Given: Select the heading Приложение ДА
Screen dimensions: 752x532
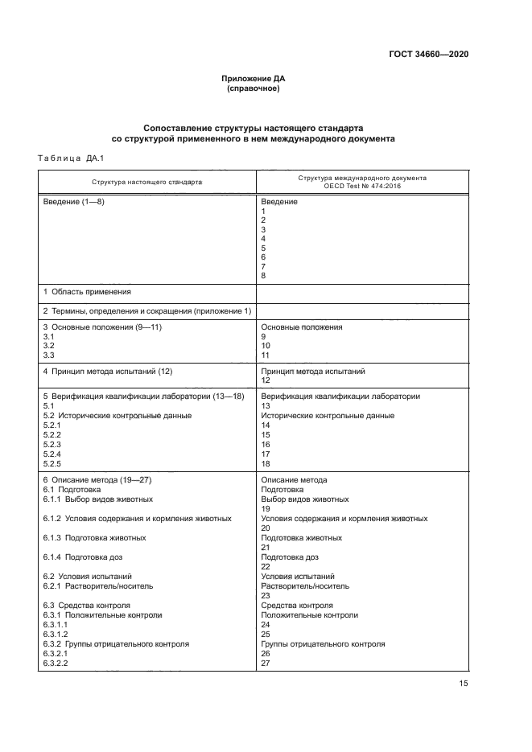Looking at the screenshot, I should pos(254,79).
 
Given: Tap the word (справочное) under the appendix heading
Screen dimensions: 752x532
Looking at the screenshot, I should pos(254,88).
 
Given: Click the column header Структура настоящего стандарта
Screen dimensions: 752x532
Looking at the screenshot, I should pos(146,182).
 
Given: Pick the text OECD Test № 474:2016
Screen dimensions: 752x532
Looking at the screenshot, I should pos(362,186).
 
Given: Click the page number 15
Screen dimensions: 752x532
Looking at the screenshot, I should pos(463,684).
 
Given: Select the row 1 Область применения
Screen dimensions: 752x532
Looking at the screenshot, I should pos(87,291).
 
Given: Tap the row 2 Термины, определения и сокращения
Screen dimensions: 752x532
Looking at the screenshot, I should pos(147,310).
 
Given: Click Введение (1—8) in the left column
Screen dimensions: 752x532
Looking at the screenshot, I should pos(73,202).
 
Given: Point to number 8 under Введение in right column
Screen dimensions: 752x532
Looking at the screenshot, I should pos(264,276).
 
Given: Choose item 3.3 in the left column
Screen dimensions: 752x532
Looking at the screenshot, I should pos(47,355).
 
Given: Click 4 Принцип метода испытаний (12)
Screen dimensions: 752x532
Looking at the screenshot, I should pos(108,372).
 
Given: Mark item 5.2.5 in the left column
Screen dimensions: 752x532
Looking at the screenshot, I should pos(52,464).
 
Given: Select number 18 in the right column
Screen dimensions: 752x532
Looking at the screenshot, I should pos(266,464).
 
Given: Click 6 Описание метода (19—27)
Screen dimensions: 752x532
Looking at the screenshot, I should pos(97,480).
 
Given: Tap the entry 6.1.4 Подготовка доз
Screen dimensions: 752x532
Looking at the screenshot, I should pos(83,557).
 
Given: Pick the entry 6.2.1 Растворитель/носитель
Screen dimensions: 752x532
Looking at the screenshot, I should pos(97,586).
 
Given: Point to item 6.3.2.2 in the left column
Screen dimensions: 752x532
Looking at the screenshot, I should pos(56,664).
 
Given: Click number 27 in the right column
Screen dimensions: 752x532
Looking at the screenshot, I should pos(266,664).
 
